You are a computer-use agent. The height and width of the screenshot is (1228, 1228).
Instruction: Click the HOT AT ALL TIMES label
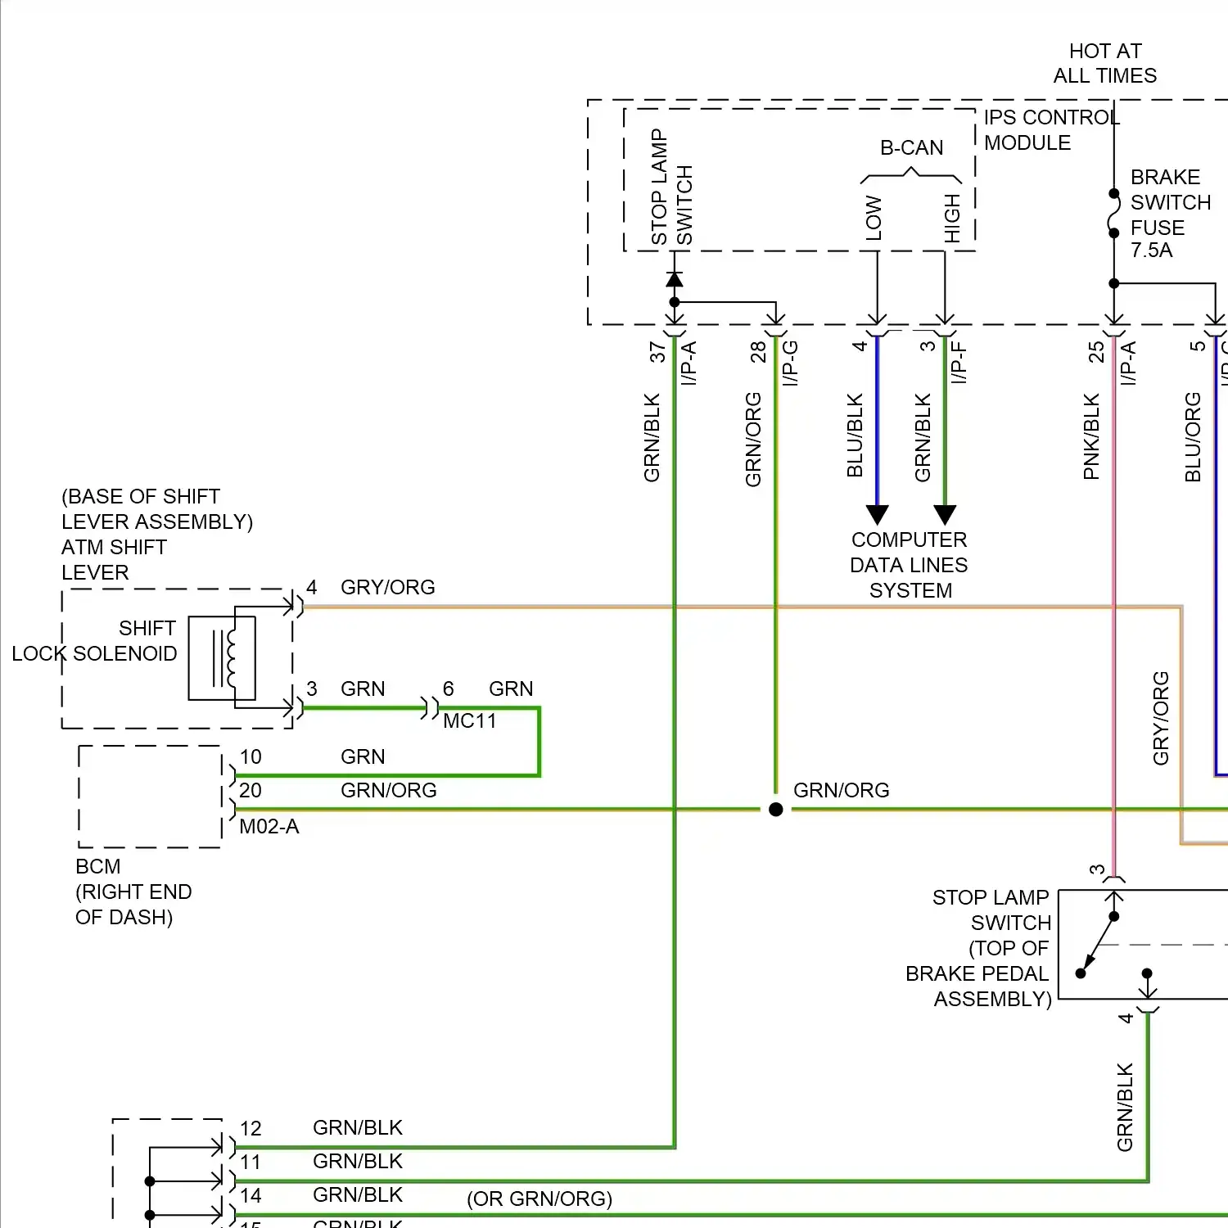1104,64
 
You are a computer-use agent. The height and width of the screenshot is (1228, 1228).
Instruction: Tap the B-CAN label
911,148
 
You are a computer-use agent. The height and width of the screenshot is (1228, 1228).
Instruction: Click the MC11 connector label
470,721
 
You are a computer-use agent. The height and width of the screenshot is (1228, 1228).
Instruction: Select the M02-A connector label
269,827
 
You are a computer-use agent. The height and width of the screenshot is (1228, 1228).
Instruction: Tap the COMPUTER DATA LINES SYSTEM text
910,565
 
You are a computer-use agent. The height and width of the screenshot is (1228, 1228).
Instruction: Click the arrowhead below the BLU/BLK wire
878,515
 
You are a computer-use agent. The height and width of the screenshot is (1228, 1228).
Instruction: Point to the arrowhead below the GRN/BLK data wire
945,515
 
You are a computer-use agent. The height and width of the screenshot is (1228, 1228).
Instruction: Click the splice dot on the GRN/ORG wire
776,810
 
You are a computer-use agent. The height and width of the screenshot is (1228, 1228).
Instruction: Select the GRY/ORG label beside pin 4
388,588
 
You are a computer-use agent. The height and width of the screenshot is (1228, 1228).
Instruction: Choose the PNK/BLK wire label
1091,437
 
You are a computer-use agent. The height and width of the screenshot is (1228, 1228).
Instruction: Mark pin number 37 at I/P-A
657,353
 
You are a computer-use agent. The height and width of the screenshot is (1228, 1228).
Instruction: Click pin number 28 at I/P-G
758,353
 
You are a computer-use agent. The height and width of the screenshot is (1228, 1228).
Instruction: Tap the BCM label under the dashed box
98,867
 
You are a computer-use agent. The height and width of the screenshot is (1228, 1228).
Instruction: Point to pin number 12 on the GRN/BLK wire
251,1129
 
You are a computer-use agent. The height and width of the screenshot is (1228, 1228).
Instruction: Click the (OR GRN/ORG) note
540,1199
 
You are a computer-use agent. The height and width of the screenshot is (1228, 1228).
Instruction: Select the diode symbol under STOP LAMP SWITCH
675,280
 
